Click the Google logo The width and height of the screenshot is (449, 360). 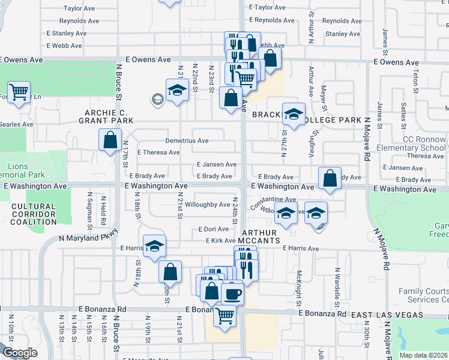(20, 353)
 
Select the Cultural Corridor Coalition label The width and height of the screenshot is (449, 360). (33, 214)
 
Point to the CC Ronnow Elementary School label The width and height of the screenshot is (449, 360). (411, 143)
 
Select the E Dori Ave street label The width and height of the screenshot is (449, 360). (213, 229)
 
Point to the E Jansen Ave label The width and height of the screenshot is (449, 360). (216, 164)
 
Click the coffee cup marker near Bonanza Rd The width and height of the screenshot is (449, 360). (232, 294)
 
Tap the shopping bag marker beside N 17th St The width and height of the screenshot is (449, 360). (111, 141)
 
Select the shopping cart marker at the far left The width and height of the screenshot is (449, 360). (19, 92)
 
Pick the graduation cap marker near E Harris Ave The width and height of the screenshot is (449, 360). (154, 246)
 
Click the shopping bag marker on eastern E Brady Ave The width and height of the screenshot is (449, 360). (330, 178)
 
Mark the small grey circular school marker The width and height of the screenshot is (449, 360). (158, 99)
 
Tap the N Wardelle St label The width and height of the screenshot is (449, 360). (338, 282)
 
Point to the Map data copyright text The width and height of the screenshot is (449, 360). (424, 355)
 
